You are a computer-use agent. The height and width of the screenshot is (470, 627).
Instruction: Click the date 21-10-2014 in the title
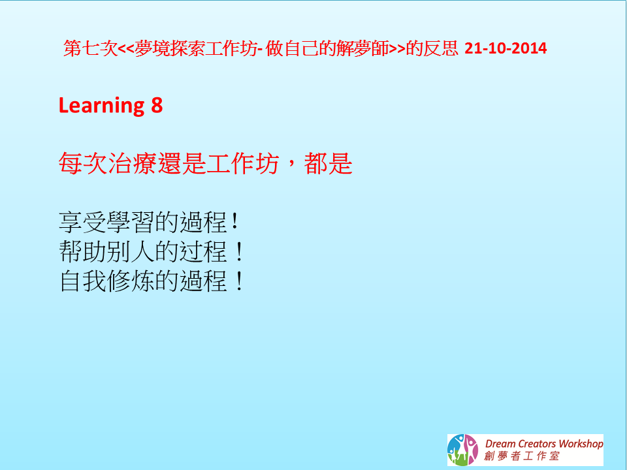pyautogui.click(x=506, y=48)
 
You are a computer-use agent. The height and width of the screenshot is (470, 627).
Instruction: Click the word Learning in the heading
pyautogui.click(x=102, y=106)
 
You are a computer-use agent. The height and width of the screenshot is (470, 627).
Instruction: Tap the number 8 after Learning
pyautogui.click(x=157, y=105)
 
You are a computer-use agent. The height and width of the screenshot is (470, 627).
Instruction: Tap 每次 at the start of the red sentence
pyautogui.click(x=83, y=163)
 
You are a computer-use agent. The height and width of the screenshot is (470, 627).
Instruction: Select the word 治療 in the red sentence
pyautogui.click(x=132, y=163)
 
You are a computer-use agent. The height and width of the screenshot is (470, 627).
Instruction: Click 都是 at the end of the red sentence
pyautogui.click(x=328, y=163)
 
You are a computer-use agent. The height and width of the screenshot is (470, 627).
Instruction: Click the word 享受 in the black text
pyautogui.click(x=83, y=222)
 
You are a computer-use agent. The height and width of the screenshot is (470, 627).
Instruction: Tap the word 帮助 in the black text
pyautogui.click(x=83, y=251)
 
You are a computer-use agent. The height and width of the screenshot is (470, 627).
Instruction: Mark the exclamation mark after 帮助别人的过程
pyautogui.click(x=239, y=251)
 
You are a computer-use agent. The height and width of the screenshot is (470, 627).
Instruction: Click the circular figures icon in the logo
pyautogui.click(x=462, y=450)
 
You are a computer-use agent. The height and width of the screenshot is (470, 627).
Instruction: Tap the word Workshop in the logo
pyautogui.click(x=581, y=444)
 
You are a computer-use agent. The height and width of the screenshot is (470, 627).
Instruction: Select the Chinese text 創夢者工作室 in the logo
pyautogui.click(x=521, y=456)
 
